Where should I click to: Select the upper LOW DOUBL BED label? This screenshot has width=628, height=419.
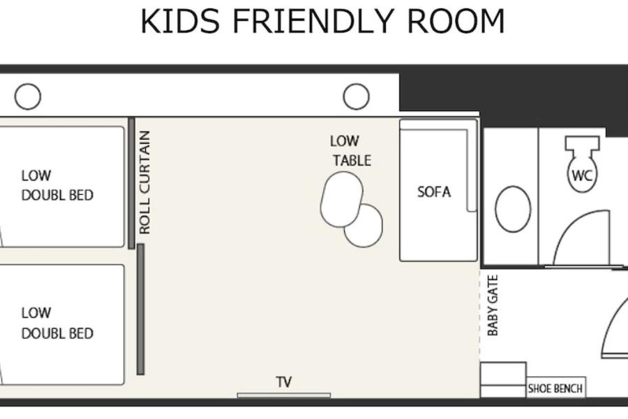57,185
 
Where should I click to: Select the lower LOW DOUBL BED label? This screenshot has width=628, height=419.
57,323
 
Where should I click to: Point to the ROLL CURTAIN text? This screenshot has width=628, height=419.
144,182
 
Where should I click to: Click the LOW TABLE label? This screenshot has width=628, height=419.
351,151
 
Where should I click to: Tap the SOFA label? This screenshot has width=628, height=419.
434,192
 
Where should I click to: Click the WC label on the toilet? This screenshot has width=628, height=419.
582,175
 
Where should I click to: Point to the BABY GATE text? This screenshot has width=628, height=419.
493,306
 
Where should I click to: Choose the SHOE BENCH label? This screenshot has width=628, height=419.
555,388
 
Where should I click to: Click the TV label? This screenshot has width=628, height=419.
284,382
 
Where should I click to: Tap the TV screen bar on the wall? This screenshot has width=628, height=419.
284,396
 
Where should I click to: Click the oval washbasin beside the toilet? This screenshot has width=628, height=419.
513,209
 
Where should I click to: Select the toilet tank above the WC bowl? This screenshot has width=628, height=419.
583,143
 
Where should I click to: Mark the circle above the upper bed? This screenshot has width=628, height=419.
28,96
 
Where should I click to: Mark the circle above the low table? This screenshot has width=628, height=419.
356,96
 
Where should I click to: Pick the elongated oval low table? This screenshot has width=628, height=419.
342,199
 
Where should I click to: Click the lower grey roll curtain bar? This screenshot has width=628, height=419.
140,309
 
